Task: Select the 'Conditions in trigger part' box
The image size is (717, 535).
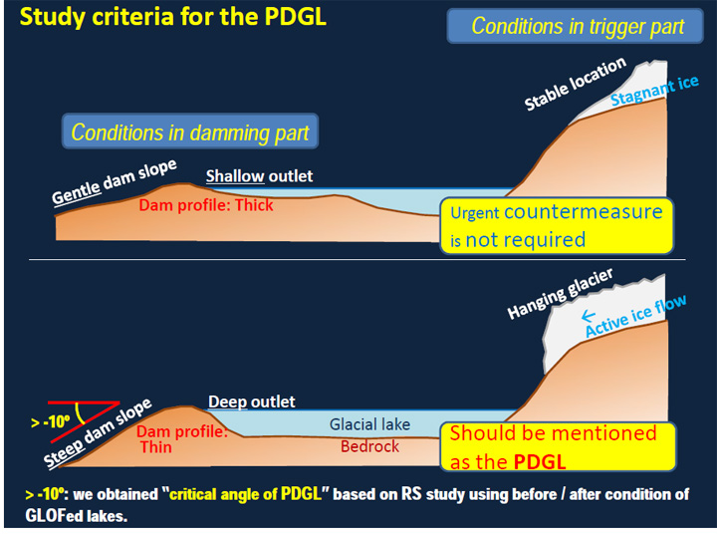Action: tap(579, 26)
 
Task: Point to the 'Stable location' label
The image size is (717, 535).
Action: tap(575, 86)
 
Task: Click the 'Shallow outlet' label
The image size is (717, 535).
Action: tap(259, 176)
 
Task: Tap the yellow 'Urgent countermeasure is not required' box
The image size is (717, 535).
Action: tap(556, 225)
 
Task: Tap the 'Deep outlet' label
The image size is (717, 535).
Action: tap(252, 401)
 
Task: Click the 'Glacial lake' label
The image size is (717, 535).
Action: tap(369, 424)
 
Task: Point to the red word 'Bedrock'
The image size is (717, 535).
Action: tap(369, 446)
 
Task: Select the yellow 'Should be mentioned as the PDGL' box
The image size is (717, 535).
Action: tap(556, 446)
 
